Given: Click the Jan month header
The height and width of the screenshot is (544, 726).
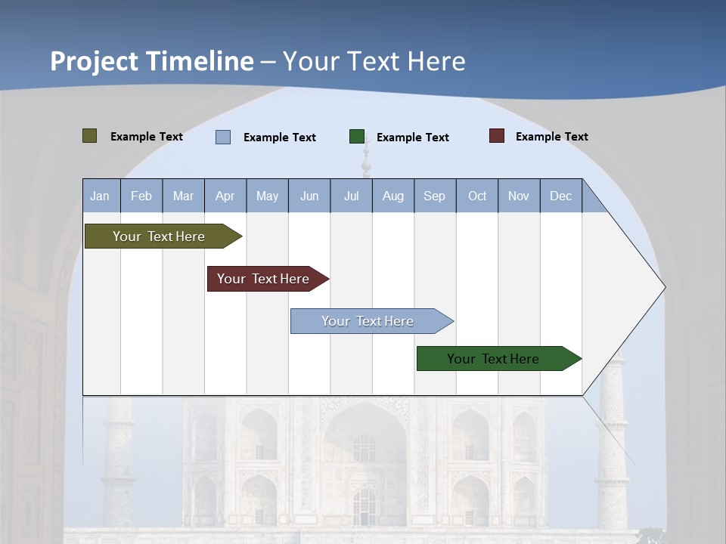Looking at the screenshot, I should point(100,196).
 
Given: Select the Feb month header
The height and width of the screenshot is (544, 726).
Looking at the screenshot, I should point(141,196).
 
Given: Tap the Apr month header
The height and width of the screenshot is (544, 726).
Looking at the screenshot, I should point(225,196).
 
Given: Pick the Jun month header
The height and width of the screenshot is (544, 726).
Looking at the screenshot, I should point(309,196).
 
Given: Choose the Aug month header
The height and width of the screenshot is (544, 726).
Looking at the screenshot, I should point(393,196).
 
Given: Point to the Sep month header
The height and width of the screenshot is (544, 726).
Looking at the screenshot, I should point(435,196).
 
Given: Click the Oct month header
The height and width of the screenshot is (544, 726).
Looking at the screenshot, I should point(477,196).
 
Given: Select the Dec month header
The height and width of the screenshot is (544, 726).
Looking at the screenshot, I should point(561,196).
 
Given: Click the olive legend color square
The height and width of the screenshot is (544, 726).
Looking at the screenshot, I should point(90,136).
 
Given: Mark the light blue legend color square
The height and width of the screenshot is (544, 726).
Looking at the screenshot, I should point(223,137).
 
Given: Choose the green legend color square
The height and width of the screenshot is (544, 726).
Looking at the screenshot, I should point(357,137).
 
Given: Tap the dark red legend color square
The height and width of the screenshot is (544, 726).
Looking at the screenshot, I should point(497,136).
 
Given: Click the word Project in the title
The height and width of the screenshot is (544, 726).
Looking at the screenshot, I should point(94,61).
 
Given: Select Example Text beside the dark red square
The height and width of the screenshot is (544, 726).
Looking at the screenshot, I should point(551,137).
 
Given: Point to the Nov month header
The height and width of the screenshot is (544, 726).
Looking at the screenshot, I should point(519,196).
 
